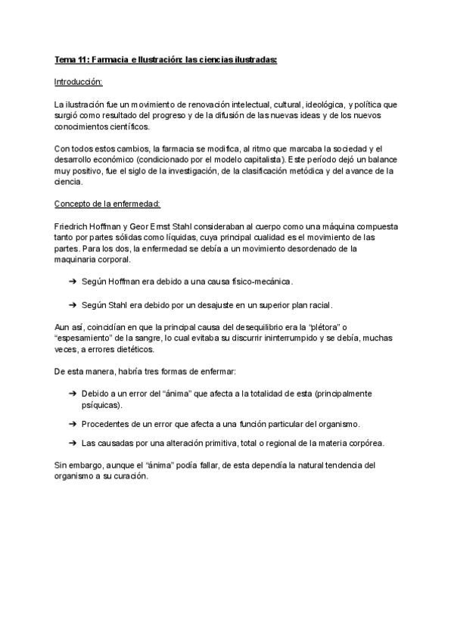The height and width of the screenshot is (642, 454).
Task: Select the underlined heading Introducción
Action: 79,81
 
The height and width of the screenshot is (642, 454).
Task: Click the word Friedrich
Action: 73,226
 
